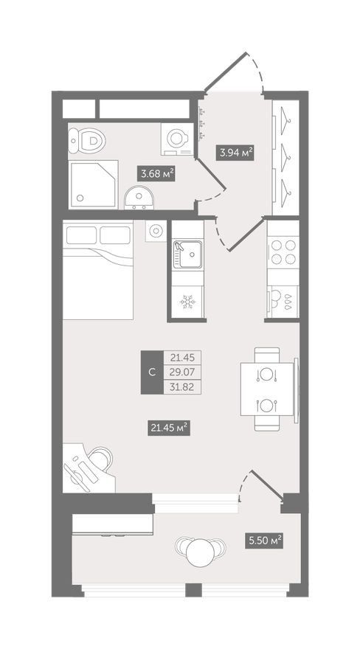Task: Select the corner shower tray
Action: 94,184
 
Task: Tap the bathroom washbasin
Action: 139,198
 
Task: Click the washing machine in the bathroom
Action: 178,139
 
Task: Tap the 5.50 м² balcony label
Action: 264,541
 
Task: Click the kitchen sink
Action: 188,254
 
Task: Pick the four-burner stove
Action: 283,252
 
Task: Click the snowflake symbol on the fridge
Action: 187,302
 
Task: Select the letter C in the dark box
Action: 152,372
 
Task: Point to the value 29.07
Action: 182,372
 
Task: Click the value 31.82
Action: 182,387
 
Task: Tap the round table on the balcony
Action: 201,552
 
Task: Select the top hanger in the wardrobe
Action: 285,120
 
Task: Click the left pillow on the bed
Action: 81,235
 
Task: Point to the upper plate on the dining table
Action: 266,375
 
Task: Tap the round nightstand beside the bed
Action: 156,231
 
